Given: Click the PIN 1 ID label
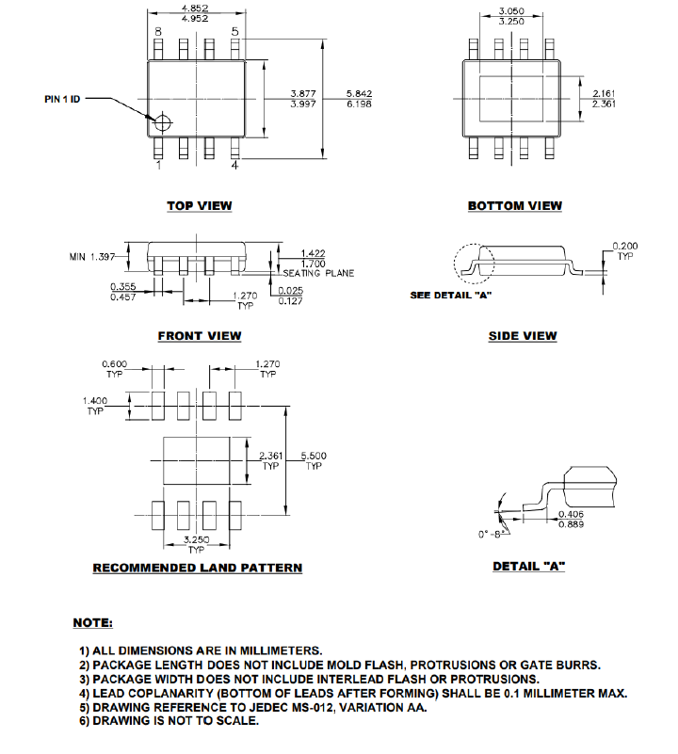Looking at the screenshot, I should click(64, 99).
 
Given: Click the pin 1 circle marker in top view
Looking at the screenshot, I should click(164, 122).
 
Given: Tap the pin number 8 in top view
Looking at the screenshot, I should click(158, 32).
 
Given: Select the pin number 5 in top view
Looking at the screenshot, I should click(234, 32).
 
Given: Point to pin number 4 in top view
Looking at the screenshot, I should click(234, 166).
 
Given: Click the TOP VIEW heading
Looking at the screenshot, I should click(200, 206).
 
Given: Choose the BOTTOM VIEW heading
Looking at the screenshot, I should click(514, 206).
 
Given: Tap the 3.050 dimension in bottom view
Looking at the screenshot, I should click(511, 11).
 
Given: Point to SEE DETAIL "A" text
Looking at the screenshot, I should click(451, 296).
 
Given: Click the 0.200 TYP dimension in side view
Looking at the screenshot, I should click(624, 246).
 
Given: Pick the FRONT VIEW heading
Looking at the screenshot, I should click(200, 336).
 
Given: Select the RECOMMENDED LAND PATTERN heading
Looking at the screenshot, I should click(198, 568).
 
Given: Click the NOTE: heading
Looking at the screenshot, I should click(93, 623).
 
